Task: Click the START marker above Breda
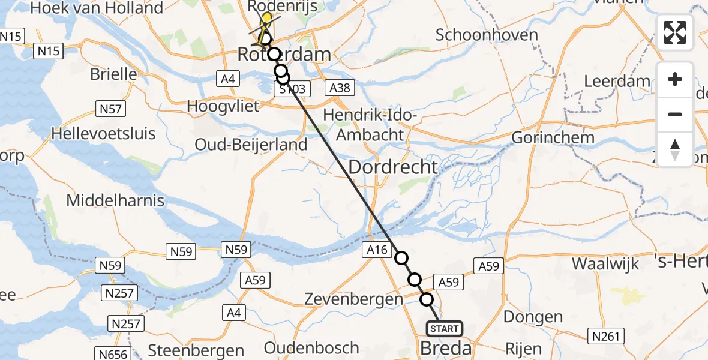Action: click(445, 329)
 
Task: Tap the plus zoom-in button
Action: click(675, 79)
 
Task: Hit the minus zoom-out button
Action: click(675, 114)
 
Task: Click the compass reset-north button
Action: click(675, 149)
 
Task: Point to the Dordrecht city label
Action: click(393, 167)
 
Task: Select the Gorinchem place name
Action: click(553, 137)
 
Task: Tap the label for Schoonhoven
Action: click(487, 35)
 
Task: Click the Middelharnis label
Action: click(115, 200)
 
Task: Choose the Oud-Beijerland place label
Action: click(251, 145)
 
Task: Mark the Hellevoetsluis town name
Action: click(104, 133)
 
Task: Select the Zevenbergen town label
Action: click(353, 299)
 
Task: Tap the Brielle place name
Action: click(113, 74)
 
